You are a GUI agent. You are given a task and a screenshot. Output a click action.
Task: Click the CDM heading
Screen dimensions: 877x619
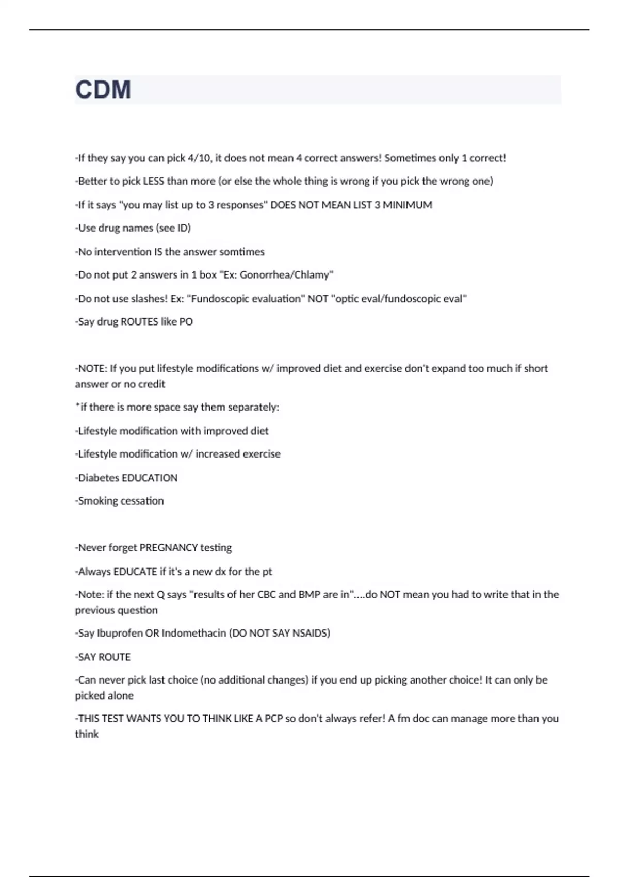103,90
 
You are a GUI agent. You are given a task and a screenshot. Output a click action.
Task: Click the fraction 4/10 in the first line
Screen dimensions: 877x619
199,158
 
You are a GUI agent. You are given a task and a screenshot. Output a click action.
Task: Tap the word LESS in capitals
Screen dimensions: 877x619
153,181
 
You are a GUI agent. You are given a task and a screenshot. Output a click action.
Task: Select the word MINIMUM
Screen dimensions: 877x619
407,205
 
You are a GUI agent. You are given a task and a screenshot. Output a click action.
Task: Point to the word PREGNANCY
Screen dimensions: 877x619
168,548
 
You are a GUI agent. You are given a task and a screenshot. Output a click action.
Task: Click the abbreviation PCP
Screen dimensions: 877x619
274,719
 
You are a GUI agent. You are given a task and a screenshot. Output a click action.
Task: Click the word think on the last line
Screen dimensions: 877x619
87,734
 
